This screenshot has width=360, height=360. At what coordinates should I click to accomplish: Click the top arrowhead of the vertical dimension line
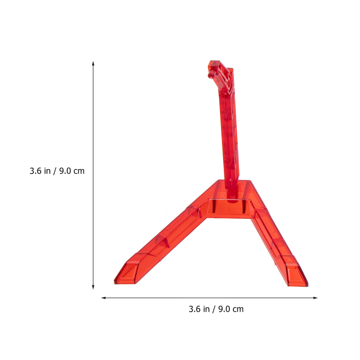click(x=93, y=63)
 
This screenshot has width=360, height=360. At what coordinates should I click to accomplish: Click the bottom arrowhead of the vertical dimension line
click(x=93, y=287)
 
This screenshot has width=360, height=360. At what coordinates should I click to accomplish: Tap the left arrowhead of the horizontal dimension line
click(x=104, y=298)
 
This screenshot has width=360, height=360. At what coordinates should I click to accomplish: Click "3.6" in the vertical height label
click(x=36, y=171)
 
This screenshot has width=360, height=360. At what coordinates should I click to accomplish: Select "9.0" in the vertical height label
click(x=65, y=171)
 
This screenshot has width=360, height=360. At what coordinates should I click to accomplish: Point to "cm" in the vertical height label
click(x=79, y=172)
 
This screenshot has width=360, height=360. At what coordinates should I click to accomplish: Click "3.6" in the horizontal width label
click(x=195, y=309)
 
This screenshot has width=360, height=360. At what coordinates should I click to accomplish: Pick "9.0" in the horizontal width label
click(x=224, y=309)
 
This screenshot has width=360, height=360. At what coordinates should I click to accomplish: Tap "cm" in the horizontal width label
click(x=238, y=310)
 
